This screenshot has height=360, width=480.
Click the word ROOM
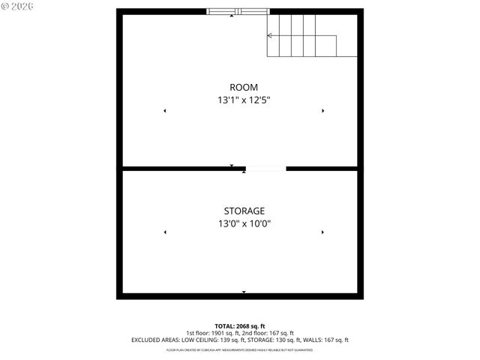244,87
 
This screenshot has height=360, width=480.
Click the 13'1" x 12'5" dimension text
244,100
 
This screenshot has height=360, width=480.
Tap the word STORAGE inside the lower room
244,211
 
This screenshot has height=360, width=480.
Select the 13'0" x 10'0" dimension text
244,223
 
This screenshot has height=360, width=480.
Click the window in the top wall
238,11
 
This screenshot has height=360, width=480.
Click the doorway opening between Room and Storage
265,169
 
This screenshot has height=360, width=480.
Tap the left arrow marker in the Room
165,111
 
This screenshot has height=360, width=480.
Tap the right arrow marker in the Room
323,111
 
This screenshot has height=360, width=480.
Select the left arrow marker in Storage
165,232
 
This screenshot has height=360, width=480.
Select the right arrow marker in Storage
323,232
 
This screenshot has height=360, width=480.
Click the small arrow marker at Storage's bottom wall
244,292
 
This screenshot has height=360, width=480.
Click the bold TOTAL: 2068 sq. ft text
240,326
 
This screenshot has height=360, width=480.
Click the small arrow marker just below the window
231,16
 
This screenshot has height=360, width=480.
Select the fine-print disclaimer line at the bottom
240,349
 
